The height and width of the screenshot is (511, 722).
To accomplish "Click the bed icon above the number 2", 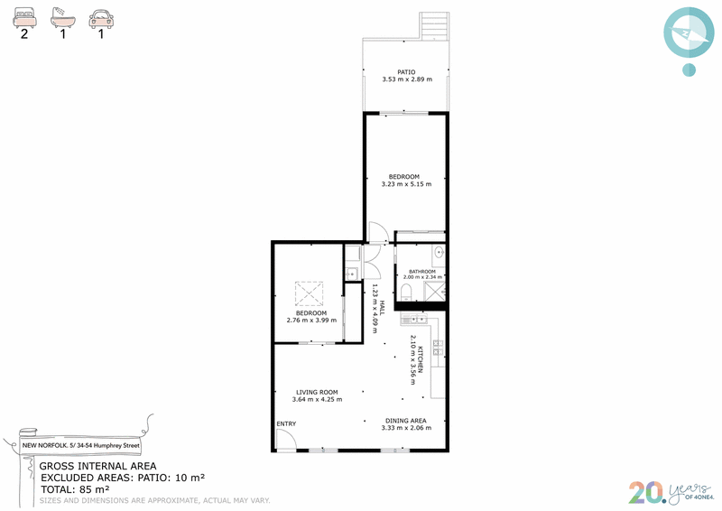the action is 24,18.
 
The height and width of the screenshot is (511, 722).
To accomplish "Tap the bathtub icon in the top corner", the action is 62,18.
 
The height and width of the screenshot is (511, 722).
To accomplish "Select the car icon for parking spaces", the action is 101,19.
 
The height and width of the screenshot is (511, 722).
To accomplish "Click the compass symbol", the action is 689,33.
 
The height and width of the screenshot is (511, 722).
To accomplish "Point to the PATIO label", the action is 406,72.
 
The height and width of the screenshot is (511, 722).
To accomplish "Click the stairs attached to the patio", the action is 434,26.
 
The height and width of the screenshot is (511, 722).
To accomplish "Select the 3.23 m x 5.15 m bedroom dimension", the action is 407,184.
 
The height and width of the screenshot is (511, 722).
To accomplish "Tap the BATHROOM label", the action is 421,272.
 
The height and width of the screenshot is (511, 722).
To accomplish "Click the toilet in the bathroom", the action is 406,293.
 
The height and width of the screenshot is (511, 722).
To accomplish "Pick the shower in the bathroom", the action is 434,292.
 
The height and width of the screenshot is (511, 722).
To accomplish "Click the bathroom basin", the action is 439,253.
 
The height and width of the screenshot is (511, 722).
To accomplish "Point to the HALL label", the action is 382,308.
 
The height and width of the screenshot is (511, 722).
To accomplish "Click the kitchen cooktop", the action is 438,348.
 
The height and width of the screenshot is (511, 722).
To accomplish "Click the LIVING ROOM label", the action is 317,392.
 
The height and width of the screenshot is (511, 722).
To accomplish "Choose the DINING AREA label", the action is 405,421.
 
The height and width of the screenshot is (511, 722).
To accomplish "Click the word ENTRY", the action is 286,424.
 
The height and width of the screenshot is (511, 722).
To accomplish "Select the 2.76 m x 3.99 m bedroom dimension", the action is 311,321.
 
